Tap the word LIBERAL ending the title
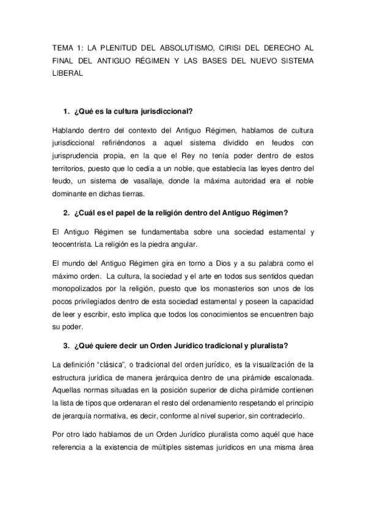point(64,72)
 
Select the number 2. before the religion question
point(67,213)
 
